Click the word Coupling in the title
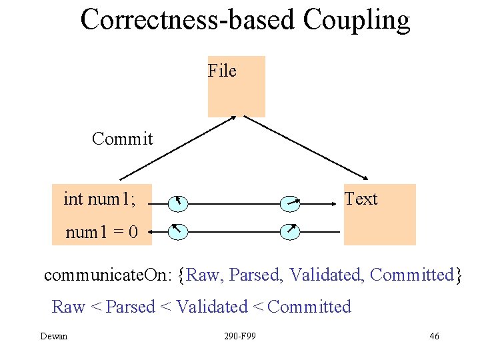coord(356,20)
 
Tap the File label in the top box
coord(222,71)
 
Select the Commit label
coord(123,139)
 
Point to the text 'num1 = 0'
coord(101,232)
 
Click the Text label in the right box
coord(361,199)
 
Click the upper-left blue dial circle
coord(178,201)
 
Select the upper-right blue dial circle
coord(290,201)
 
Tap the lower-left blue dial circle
coord(178,231)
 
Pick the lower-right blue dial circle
coord(290,231)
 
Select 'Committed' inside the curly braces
coord(411,275)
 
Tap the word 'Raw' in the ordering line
coord(68,307)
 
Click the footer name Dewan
coord(54,336)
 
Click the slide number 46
coord(434,336)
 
